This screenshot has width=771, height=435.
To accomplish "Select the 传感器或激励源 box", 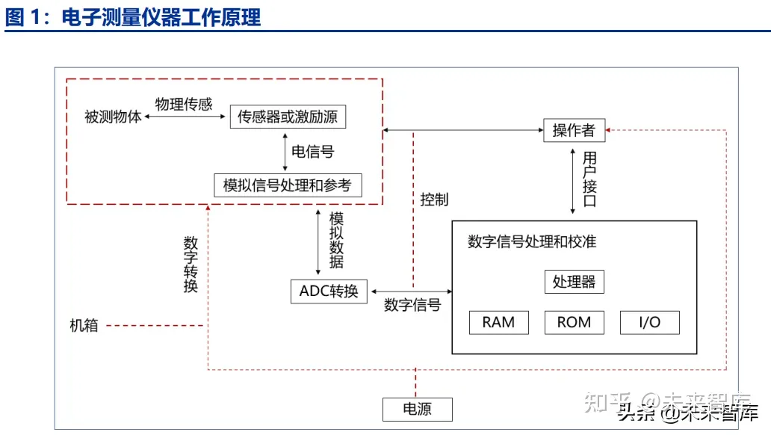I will coord(288,117).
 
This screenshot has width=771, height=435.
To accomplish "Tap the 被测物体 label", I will coord(113,117).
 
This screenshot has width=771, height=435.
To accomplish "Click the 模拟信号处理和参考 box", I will coord(287,185).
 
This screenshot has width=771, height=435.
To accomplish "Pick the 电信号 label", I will coord(312,152).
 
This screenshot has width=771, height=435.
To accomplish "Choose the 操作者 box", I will coord(574,131).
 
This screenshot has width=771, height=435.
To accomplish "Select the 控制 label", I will coord(434,200).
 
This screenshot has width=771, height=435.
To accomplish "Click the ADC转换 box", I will coord(329,291).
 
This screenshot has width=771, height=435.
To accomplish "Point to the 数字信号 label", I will coord(412,305).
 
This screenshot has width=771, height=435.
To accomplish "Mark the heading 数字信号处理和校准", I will coord(532,241).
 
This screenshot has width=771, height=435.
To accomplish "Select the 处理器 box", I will coord(574,282).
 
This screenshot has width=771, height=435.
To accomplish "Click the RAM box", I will coord(498,322).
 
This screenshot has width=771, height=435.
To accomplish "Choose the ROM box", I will coord(574,322).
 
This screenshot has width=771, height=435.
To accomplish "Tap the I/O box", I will coord(650,322).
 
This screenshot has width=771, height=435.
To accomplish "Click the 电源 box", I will coord(418,409).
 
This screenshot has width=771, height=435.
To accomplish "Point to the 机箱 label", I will coord(84,326).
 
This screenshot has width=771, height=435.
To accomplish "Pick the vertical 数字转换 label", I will coord(191,265).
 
